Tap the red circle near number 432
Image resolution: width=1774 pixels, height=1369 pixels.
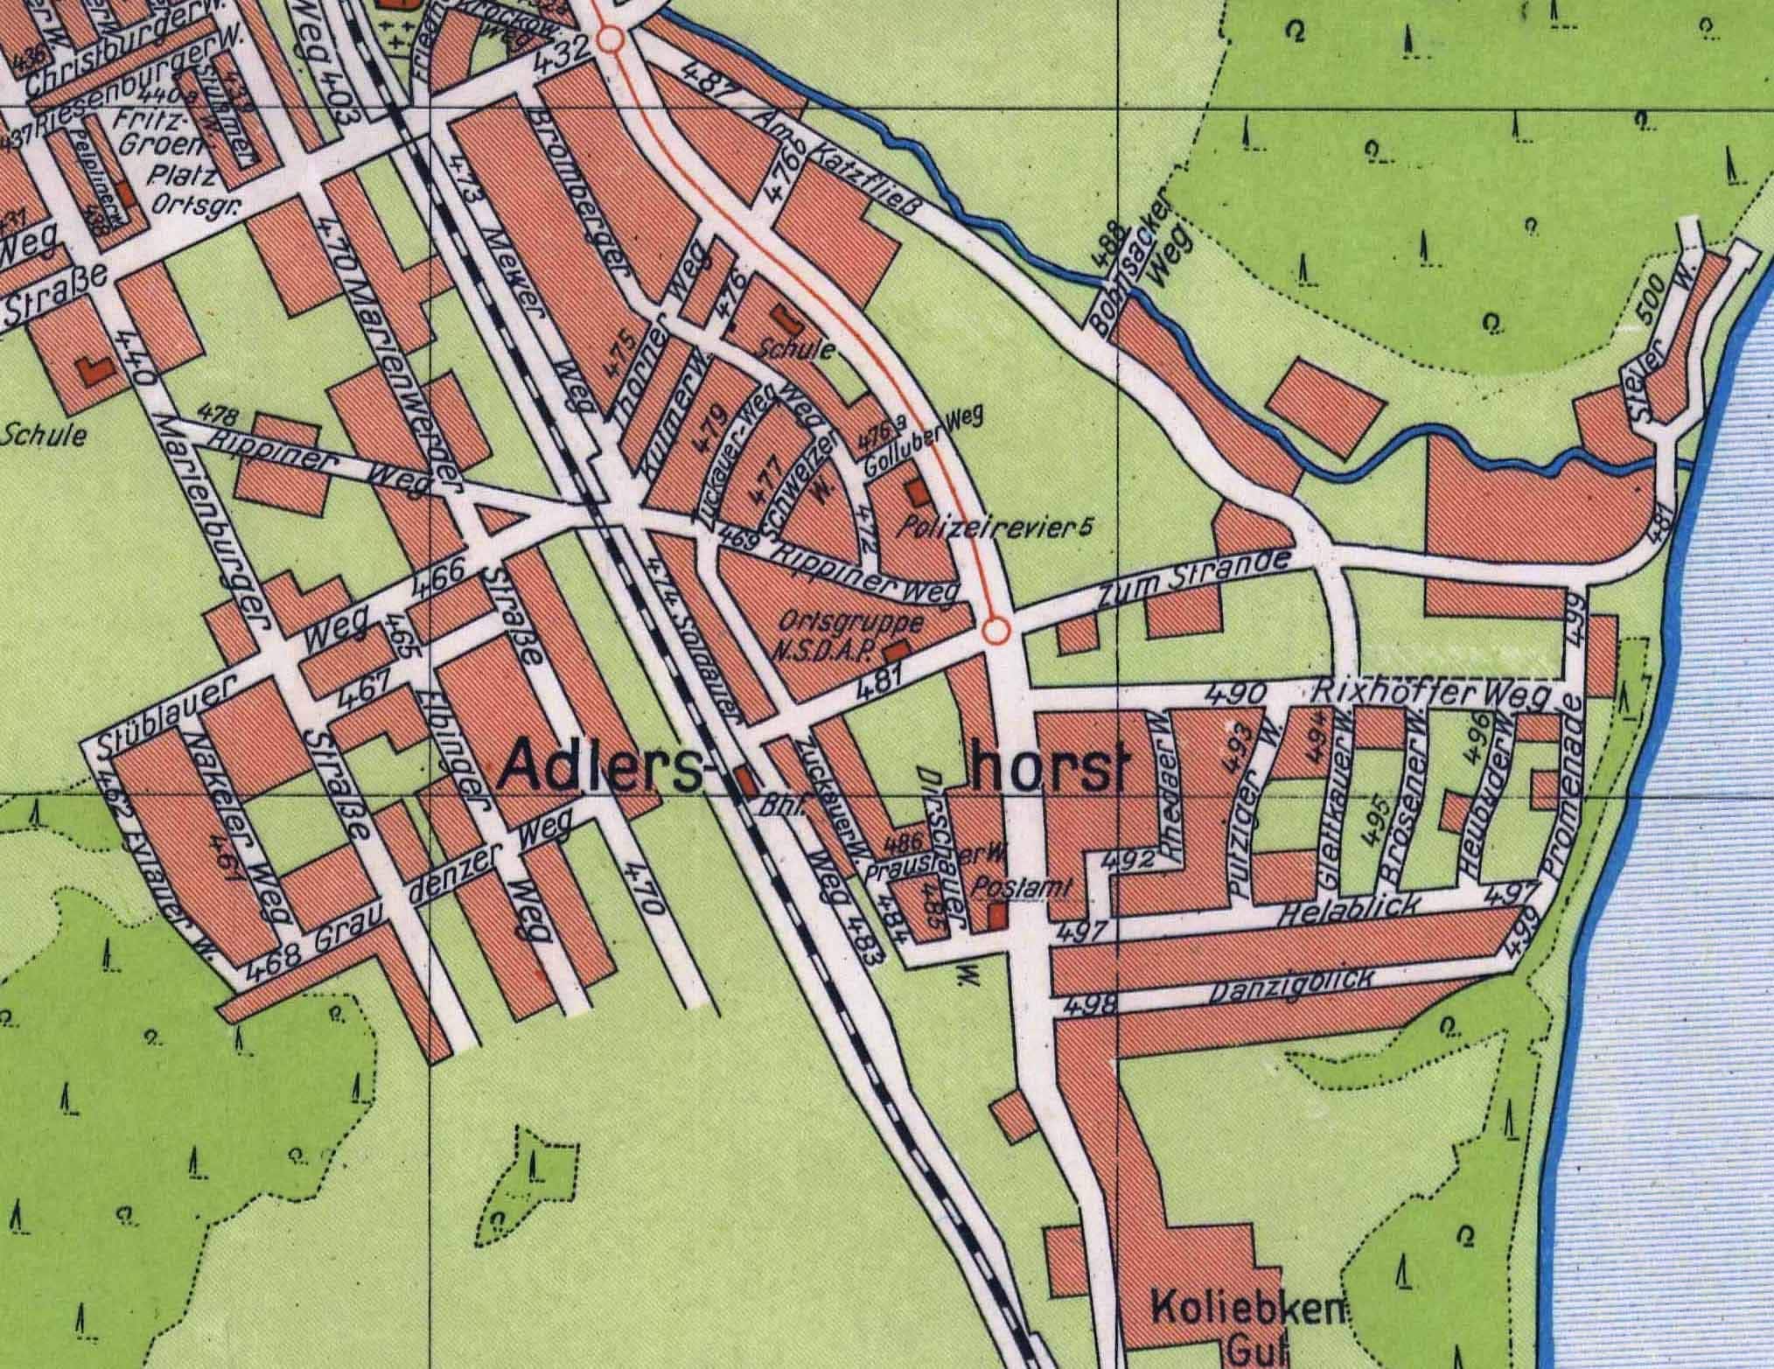[611, 40]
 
